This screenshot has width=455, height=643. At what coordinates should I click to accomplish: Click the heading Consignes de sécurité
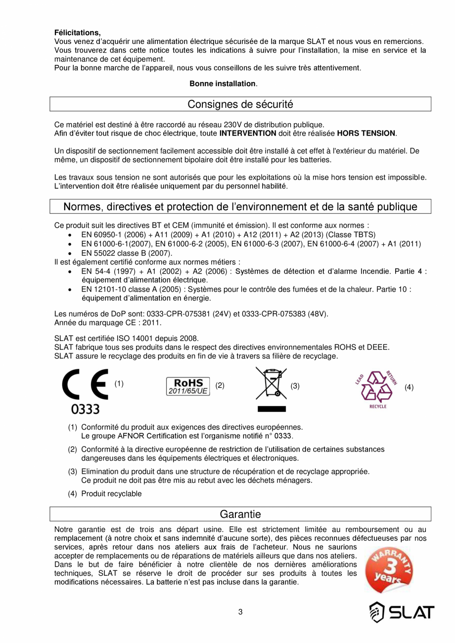240,104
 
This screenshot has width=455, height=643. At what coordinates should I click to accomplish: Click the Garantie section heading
240,514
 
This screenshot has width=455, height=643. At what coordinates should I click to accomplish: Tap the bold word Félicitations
77,33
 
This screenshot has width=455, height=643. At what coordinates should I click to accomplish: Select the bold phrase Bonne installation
223,84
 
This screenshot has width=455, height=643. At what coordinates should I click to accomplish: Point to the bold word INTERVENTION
247,133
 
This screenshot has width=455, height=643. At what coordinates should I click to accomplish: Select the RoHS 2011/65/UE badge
188,386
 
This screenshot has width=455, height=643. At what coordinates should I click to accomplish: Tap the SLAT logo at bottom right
402,612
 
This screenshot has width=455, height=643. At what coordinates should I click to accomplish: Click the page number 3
240,612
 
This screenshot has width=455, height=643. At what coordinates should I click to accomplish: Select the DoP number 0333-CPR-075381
166,314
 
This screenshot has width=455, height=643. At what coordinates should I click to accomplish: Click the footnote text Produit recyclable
111,494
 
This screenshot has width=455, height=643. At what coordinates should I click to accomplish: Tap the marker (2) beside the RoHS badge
220,385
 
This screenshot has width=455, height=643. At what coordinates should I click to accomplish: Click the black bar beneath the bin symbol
272,409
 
